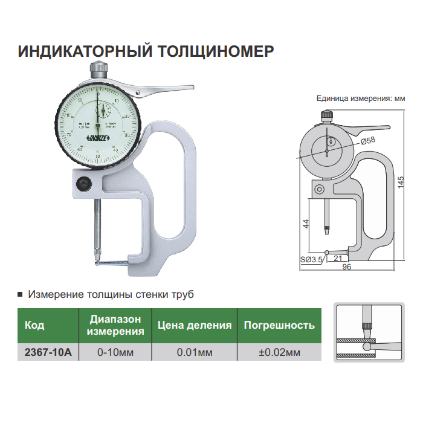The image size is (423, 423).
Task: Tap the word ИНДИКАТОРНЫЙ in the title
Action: (78, 51)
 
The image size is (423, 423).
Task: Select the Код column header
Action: (34, 325)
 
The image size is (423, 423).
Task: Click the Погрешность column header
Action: (279, 325)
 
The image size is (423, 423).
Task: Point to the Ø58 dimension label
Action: (367, 140)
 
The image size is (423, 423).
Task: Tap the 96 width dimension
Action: (346, 266)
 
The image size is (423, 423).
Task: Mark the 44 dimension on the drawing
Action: (306, 223)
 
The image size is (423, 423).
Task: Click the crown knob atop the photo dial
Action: (98, 67)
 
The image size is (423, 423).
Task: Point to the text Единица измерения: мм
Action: (360, 97)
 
